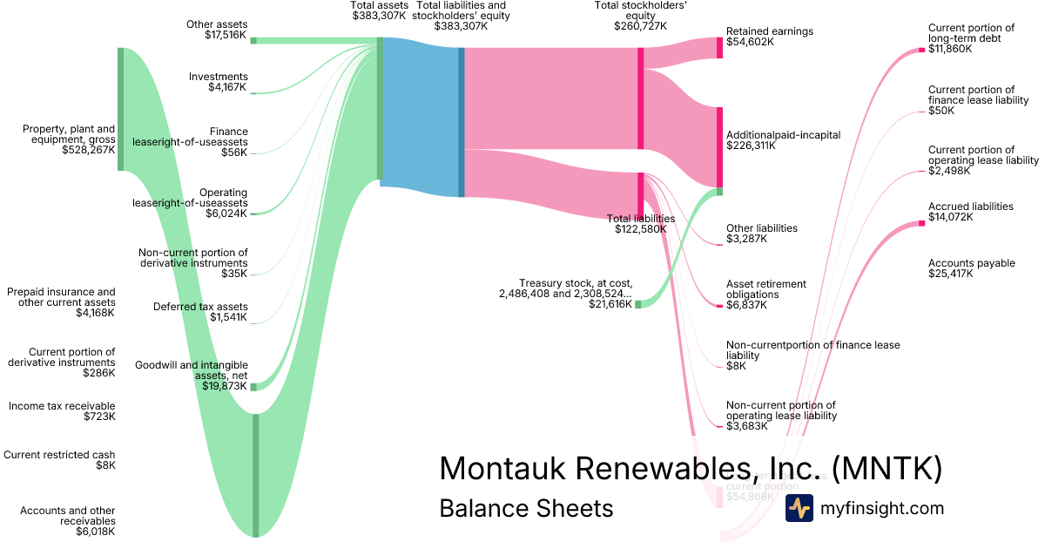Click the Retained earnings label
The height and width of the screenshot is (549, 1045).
[769, 31]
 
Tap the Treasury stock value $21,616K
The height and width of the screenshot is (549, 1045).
[609, 304]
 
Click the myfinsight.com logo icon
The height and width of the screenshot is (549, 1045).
[799, 508]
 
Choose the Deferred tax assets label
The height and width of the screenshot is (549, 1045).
[200, 307]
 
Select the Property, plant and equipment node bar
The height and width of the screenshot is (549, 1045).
[120, 109]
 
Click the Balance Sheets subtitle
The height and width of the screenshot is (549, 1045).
[526, 508]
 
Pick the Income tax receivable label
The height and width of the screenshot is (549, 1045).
[62, 406]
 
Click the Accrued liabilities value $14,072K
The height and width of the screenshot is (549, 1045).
[950, 217]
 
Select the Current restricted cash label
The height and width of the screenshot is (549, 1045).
[59, 455]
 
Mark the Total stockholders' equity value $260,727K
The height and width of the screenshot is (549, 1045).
[640, 25]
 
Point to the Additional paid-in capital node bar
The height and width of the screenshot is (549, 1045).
[720, 146]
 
